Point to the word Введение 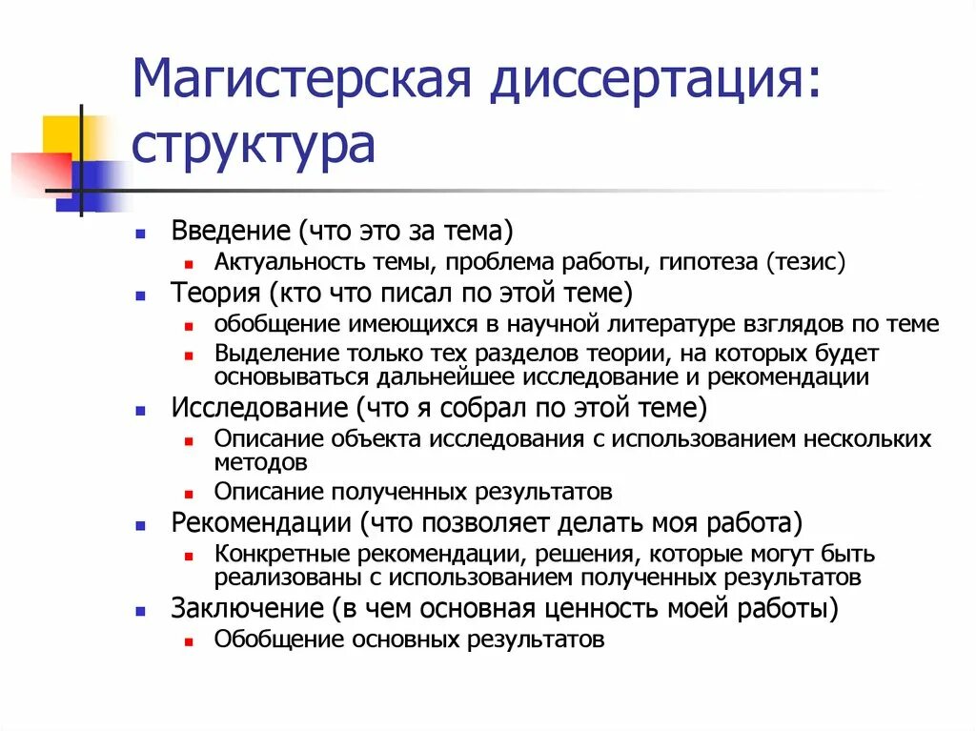pyautogui.click(x=230, y=231)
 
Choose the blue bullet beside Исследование pyautogui.click(x=140, y=412)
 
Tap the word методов pyautogui.click(x=260, y=464)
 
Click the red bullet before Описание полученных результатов pyautogui.click(x=191, y=494)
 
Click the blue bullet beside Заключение pyautogui.click(x=140, y=610)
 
